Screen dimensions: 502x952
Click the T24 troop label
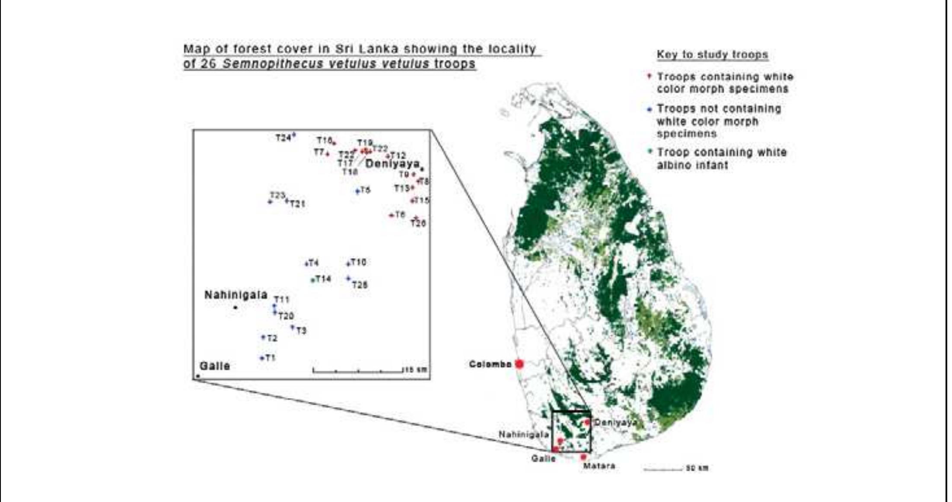pos(283,138)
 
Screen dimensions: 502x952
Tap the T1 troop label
pos(271,358)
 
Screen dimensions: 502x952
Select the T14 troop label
pos(323,279)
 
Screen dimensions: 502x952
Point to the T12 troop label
pos(398,156)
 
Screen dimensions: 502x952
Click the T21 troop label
pos(297,203)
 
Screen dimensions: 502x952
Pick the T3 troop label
pos(301,330)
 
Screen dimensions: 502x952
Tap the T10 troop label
pos(358,262)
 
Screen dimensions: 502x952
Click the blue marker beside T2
pos(263,337)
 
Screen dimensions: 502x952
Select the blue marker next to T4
pos(306,264)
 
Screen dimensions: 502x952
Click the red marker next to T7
pos(328,154)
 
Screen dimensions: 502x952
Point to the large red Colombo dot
pos(519,364)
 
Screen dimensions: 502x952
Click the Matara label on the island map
pos(599,466)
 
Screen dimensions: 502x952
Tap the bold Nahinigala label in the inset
pos(236,295)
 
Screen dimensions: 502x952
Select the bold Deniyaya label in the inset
pos(392,164)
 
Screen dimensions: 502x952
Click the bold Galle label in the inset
pos(215,366)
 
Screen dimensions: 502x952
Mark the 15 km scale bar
pos(358,370)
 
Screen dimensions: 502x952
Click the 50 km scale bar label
pos(697,468)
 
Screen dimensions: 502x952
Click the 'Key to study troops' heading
pos(712,55)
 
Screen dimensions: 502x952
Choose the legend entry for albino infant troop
pos(722,159)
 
